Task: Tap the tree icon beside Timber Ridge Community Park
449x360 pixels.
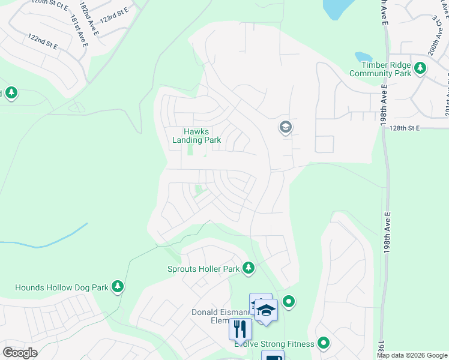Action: point(420,68)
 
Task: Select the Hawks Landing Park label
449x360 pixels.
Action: point(196,136)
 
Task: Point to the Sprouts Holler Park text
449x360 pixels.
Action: point(203,269)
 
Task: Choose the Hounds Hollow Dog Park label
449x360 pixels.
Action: point(62,287)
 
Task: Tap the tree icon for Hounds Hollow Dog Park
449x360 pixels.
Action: point(119,287)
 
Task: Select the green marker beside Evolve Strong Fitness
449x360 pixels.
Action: point(324,343)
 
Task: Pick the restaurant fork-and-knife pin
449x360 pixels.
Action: point(240,329)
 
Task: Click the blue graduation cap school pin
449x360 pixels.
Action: point(266,310)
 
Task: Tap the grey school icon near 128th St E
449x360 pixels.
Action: point(285,127)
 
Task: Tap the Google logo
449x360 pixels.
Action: point(20,352)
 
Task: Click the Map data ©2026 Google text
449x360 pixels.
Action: point(412,355)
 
